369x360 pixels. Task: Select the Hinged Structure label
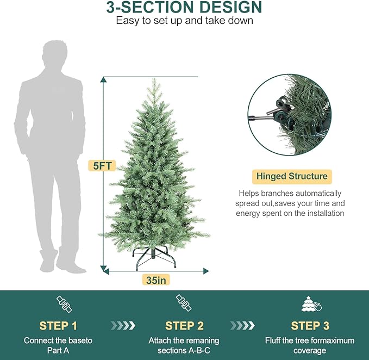292,176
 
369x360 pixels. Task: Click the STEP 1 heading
58,326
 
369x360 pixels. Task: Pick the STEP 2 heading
184,326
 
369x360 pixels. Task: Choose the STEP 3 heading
310,326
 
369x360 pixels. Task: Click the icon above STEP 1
64,305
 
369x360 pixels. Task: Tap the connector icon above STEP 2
184,303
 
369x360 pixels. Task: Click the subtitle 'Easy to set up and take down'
184,21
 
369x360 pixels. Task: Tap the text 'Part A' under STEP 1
58,351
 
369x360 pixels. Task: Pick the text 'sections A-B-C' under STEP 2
184,351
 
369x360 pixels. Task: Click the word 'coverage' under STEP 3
310,351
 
